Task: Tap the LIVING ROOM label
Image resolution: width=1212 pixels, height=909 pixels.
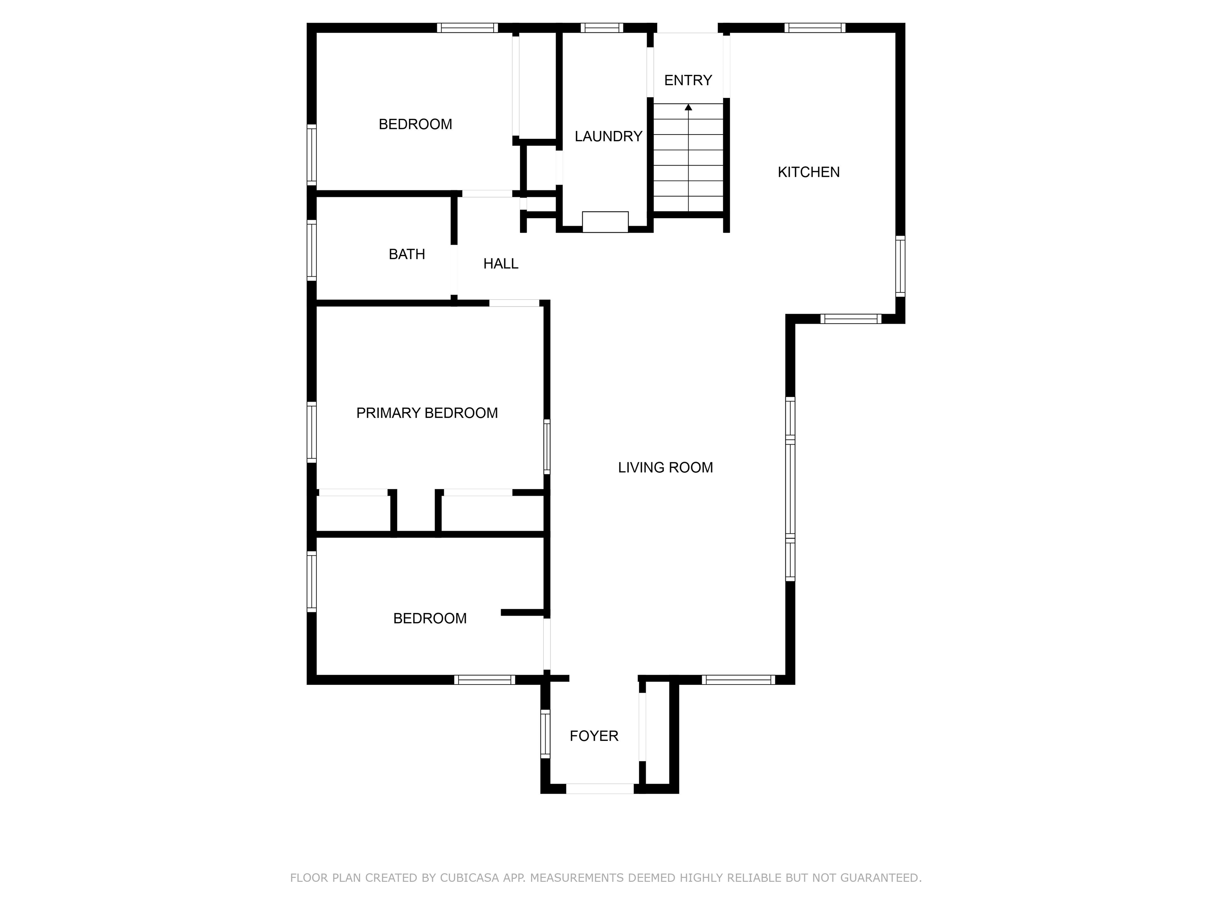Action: [665, 468]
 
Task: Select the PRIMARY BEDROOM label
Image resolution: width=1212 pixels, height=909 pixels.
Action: [427, 413]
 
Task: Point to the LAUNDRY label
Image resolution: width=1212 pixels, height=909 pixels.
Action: [608, 137]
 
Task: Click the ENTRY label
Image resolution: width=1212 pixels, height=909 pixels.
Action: [688, 80]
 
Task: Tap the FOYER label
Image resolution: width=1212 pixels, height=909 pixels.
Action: [594, 736]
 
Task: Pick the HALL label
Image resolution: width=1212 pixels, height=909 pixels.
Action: [501, 264]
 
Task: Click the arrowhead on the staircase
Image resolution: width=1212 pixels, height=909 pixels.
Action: [688, 107]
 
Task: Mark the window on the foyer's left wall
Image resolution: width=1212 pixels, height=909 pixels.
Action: [545, 734]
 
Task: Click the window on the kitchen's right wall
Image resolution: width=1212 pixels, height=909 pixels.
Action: [900, 266]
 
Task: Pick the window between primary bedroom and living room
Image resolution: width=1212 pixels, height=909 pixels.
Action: [547, 447]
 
